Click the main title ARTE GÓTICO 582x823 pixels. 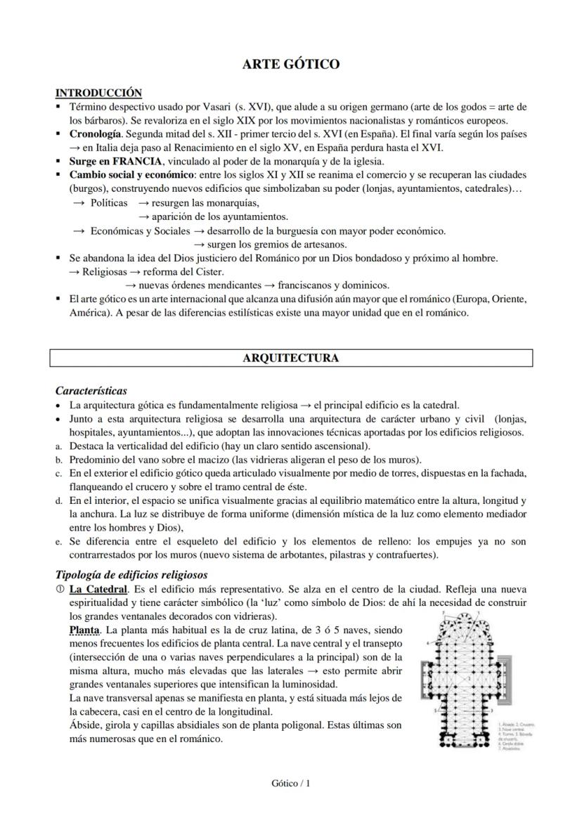[x=290, y=65]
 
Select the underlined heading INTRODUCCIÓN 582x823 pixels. [x=98, y=93]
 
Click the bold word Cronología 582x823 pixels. [x=96, y=134]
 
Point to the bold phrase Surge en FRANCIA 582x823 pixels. [x=111, y=161]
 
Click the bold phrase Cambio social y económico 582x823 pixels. [x=131, y=175]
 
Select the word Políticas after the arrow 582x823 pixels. [x=109, y=202]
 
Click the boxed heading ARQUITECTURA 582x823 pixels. [x=290, y=358]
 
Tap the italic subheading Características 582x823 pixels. [x=91, y=391]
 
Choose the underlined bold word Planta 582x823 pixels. [x=84, y=630]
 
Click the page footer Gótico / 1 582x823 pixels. [x=290, y=783]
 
